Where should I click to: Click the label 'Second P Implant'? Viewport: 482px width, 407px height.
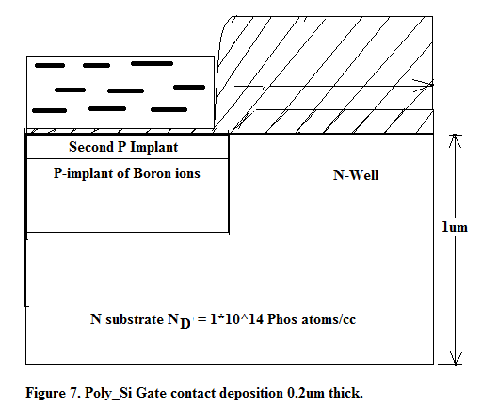tap(123, 147)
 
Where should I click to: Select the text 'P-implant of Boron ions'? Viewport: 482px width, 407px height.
tap(127, 173)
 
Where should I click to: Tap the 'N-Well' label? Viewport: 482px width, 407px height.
tap(356, 175)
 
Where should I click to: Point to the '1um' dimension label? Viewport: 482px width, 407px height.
tap(455, 227)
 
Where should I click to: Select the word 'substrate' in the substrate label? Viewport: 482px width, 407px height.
tap(135, 319)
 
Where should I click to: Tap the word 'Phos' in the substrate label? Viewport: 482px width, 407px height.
tap(281, 319)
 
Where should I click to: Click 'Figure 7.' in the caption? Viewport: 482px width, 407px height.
tap(53, 393)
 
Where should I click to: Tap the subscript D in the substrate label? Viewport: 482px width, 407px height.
tap(185, 323)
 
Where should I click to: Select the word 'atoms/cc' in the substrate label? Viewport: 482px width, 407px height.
tap(328, 319)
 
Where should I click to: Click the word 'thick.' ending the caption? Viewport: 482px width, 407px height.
tap(345, 393)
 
